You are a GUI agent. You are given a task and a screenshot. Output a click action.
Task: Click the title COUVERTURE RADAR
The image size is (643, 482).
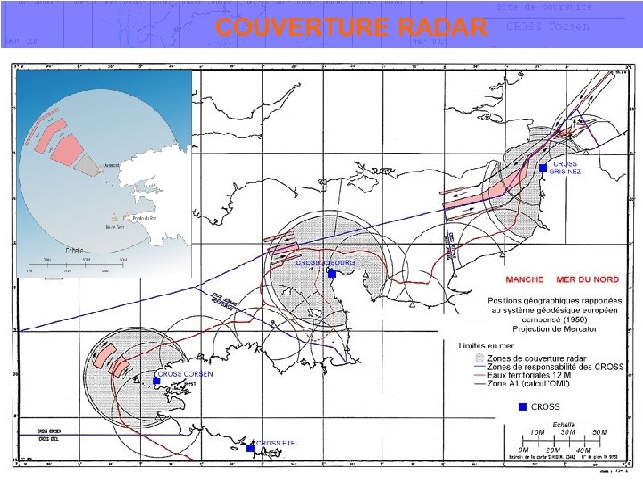pos(351,28)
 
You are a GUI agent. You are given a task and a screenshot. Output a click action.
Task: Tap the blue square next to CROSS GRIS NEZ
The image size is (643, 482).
pos(543,168)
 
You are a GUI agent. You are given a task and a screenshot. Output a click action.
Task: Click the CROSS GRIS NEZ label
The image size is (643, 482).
pos(565,168)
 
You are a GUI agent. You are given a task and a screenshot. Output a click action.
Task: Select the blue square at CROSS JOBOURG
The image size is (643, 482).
pos(330,274)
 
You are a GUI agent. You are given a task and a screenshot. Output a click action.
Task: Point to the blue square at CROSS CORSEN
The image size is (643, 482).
pos(156,381)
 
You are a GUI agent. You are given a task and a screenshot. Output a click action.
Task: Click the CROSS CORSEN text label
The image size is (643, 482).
pos(185,373)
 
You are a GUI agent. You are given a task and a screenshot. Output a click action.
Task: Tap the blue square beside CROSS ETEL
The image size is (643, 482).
pos(250,447)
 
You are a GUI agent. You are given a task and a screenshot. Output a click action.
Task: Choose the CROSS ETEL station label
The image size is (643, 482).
pos(279,443)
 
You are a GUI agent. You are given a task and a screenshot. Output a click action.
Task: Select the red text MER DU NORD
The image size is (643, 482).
pos(588,279)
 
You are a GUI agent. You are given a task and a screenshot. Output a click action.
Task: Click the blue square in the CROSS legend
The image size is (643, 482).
pos(523,407)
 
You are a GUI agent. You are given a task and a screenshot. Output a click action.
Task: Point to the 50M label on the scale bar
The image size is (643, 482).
pos(600,433)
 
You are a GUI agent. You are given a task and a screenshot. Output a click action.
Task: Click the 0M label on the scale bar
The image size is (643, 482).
pos(523,449)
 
